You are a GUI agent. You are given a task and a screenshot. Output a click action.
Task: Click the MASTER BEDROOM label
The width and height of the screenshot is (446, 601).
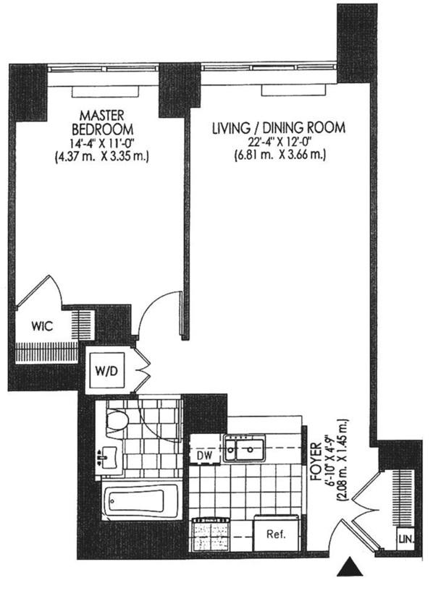click(102, 122)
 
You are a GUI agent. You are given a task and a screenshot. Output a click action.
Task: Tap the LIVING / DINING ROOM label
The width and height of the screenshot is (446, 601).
click(279, 127)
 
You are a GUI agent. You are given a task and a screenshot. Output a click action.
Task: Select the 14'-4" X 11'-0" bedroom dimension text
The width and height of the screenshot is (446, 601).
click(102, 143)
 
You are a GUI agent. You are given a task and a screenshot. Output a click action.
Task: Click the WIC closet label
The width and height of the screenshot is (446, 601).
click(42, 327)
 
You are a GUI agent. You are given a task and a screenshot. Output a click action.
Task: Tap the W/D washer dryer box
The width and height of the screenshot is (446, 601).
click(107, 370)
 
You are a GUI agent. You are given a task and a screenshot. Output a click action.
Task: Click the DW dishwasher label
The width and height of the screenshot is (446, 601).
click(205, 455)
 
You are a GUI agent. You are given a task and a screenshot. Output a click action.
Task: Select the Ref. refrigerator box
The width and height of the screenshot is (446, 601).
click(276, 534)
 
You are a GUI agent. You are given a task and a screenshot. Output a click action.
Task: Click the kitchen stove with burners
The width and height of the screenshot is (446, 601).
click(211, 534)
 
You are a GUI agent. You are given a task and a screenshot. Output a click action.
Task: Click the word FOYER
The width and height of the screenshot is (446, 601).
click(316, 462)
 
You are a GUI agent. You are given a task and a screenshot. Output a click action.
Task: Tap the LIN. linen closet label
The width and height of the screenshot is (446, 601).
click(405, 540)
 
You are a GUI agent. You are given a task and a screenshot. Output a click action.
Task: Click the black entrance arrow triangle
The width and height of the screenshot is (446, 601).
click(350, 566)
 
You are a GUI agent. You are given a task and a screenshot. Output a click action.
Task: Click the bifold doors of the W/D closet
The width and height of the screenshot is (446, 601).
click(143, 370)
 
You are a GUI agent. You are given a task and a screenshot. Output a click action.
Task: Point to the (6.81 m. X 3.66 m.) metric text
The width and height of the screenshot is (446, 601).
click(279, 155)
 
